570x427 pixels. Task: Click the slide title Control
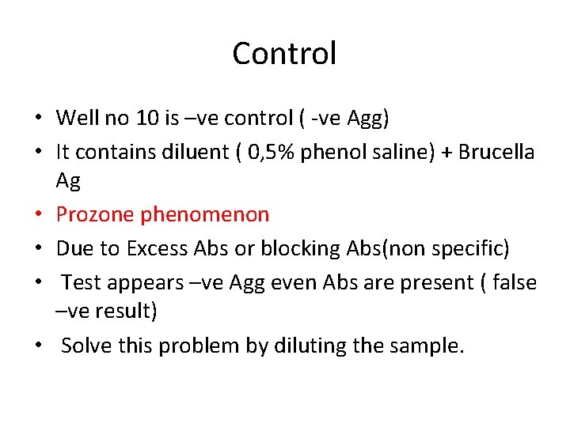[284, 54]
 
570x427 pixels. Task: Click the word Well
[76, 119]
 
